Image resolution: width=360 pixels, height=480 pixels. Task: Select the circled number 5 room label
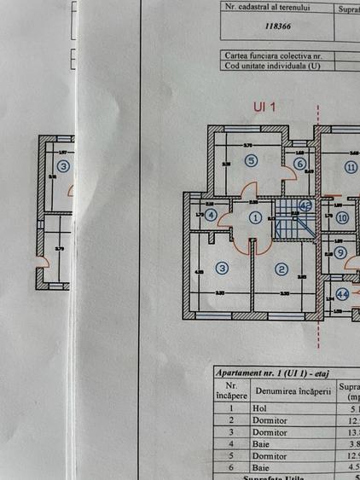tap(250, 159)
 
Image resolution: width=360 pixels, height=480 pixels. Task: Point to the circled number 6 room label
tap(300, 164)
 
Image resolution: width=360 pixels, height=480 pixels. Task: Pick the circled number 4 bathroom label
tap(211, 215)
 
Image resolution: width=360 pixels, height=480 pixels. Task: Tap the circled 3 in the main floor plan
tap(222, 269)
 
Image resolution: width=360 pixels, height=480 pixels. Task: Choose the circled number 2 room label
tap(282, 269)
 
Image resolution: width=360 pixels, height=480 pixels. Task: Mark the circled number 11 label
tap(351, 167)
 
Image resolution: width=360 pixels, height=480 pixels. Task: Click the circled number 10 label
tap(341, 217)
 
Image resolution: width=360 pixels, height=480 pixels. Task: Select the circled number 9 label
tap(340, 252)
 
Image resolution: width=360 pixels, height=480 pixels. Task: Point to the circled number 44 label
tap(343, 294)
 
